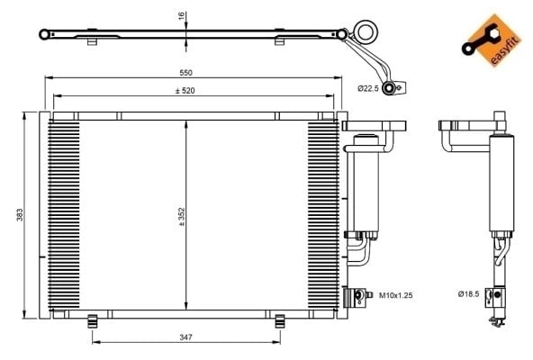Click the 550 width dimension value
tap(186, 73)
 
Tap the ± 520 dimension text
tap(185, 91)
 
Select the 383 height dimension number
tap(20, 215)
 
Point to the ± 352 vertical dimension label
tap(181, 217)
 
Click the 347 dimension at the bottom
tap(186, 337)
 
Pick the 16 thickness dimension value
tap(182, 15)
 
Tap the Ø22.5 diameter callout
tap(368, 88)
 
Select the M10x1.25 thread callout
tap(395, 295)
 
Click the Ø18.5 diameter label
tap(468, 293)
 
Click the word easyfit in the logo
tap(506, 50)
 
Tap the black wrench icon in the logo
tap(480, 40)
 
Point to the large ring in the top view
tap(366, 31)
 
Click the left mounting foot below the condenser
tap(92, 321)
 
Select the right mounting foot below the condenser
tap(280, 321)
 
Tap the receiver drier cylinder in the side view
tap(501, 184)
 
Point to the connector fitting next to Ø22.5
tap(393, 88)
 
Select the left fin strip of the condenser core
tap(64, 214)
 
